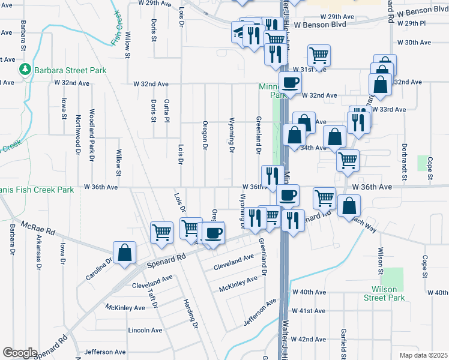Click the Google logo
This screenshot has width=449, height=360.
pyautogui.click(x=20, y=353)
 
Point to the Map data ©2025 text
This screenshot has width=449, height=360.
pyautogui.click(x=423, y=355)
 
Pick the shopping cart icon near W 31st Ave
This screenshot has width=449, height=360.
pyautogui.click(x=319, y=56)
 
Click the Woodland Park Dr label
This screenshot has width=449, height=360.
pyautogui.click(x=91, y=135)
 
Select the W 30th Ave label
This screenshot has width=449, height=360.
pyautogui.click(x=418, y=43)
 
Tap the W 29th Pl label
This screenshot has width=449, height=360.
pyautogui.click(x=414, y=23)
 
